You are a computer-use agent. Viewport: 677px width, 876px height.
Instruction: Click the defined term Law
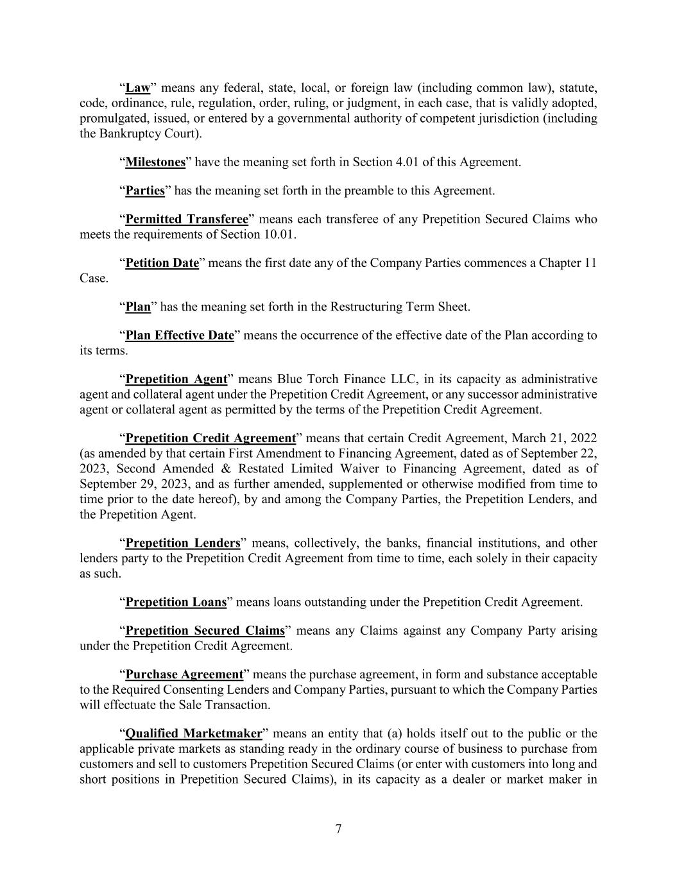(137, 88)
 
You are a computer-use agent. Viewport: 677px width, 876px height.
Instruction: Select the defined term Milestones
(155, 162)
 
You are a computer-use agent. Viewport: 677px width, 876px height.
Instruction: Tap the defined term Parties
(145, 191)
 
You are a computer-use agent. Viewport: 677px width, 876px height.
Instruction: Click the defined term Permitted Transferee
(187, 219)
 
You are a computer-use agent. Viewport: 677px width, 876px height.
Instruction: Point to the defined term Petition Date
(162, 263)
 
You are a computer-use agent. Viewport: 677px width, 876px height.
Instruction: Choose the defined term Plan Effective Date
(180, 336)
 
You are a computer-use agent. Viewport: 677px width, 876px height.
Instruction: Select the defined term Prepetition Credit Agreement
(210, 438)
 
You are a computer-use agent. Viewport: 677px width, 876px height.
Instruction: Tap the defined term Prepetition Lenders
(183, 543)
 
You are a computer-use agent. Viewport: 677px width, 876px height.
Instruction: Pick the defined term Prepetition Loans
(176, 603)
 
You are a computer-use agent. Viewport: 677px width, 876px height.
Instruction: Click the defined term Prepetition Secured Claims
(205, 631)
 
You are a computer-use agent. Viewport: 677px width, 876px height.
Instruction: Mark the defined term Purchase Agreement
(184, 674)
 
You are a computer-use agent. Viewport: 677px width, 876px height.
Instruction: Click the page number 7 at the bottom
(338, 829)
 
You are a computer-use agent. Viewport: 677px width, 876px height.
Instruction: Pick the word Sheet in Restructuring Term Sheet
(454, 307)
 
